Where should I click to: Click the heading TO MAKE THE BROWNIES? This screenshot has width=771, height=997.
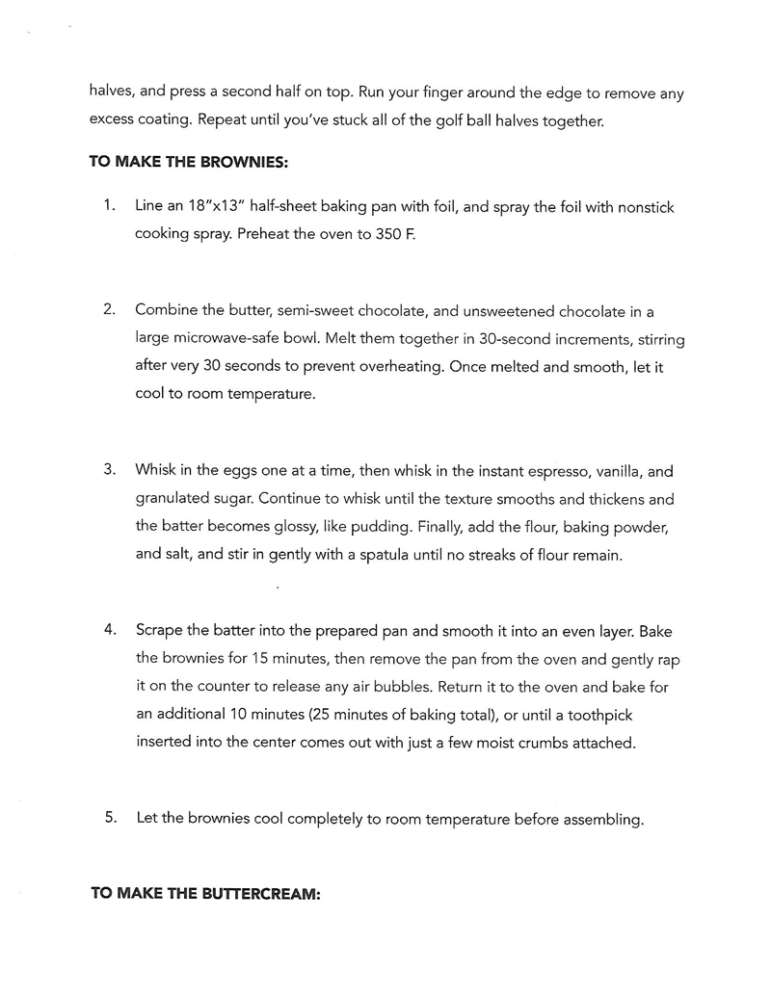tap(188, 162)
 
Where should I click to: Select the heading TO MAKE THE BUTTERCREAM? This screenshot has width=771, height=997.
tap(204, 893)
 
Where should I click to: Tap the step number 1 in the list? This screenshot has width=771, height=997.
tap(110, 206)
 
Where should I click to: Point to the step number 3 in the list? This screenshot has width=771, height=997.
tap(110, 471)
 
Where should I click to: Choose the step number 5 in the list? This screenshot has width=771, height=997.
tap(110, 818)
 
